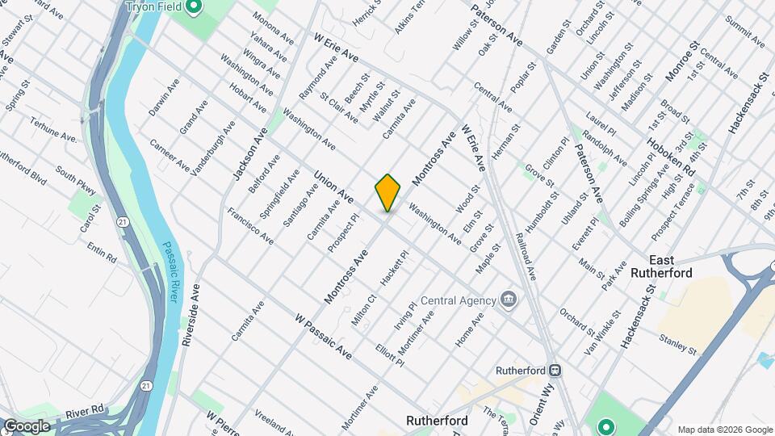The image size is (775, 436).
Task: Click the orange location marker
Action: click(x=387, y=193)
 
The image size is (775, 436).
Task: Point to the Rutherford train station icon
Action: click(x=555, y=370)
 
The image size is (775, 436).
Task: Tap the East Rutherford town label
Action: click(x=683, y=266)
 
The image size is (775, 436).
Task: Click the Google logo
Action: click(x=26, y=426)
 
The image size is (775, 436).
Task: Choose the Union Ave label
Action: click(x=333, y=186)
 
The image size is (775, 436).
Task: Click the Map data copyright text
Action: click(x=724, y=430)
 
